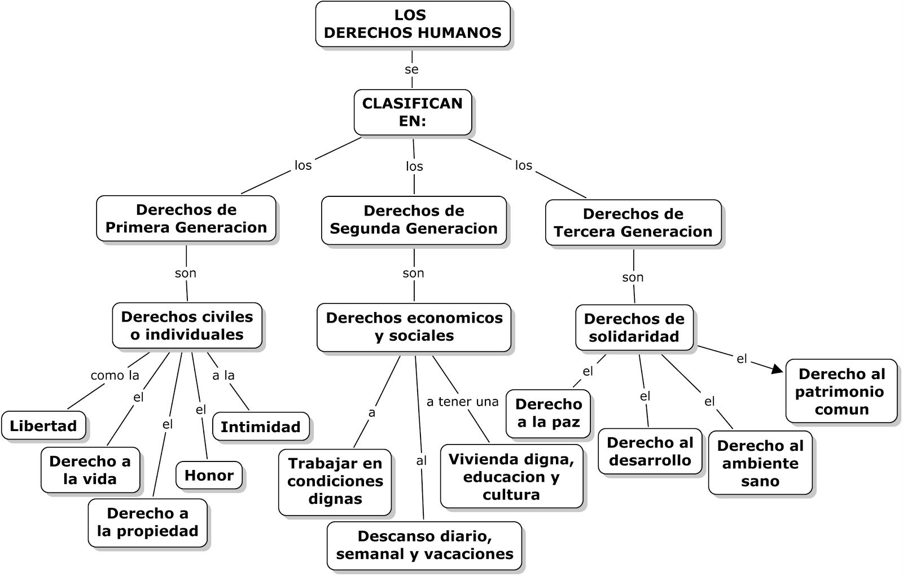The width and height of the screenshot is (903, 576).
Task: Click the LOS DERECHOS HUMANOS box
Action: (413, 24)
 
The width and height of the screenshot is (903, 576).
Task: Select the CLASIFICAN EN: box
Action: (413, 112)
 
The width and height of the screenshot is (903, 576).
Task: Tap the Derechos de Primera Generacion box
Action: (186, 219)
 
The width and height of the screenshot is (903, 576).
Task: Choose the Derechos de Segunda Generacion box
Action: (414, 220)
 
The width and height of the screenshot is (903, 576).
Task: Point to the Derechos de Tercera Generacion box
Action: (633, 223)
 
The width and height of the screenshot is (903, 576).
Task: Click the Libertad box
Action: (43, 426)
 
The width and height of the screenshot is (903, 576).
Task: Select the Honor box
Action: (209, 476)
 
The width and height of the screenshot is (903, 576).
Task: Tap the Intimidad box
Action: (260, 427)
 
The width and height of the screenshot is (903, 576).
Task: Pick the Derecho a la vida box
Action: (90, 471)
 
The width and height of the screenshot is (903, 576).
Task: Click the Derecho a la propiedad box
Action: (147, 522)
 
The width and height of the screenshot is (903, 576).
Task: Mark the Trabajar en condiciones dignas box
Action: (335, 481)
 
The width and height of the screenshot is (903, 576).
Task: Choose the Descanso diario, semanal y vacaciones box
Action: (424, 546)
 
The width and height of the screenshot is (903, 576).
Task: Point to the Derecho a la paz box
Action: (549, 414)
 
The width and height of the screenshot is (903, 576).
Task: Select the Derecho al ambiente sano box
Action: (760, 463)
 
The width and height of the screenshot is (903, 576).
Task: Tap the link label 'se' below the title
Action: (412, 69)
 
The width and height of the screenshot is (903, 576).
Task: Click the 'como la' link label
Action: (115, 376)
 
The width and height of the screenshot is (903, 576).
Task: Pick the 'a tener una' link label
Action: (463, 402)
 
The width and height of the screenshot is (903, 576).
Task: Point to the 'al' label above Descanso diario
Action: (422, 461)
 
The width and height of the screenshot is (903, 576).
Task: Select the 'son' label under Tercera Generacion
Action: (633, 277)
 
